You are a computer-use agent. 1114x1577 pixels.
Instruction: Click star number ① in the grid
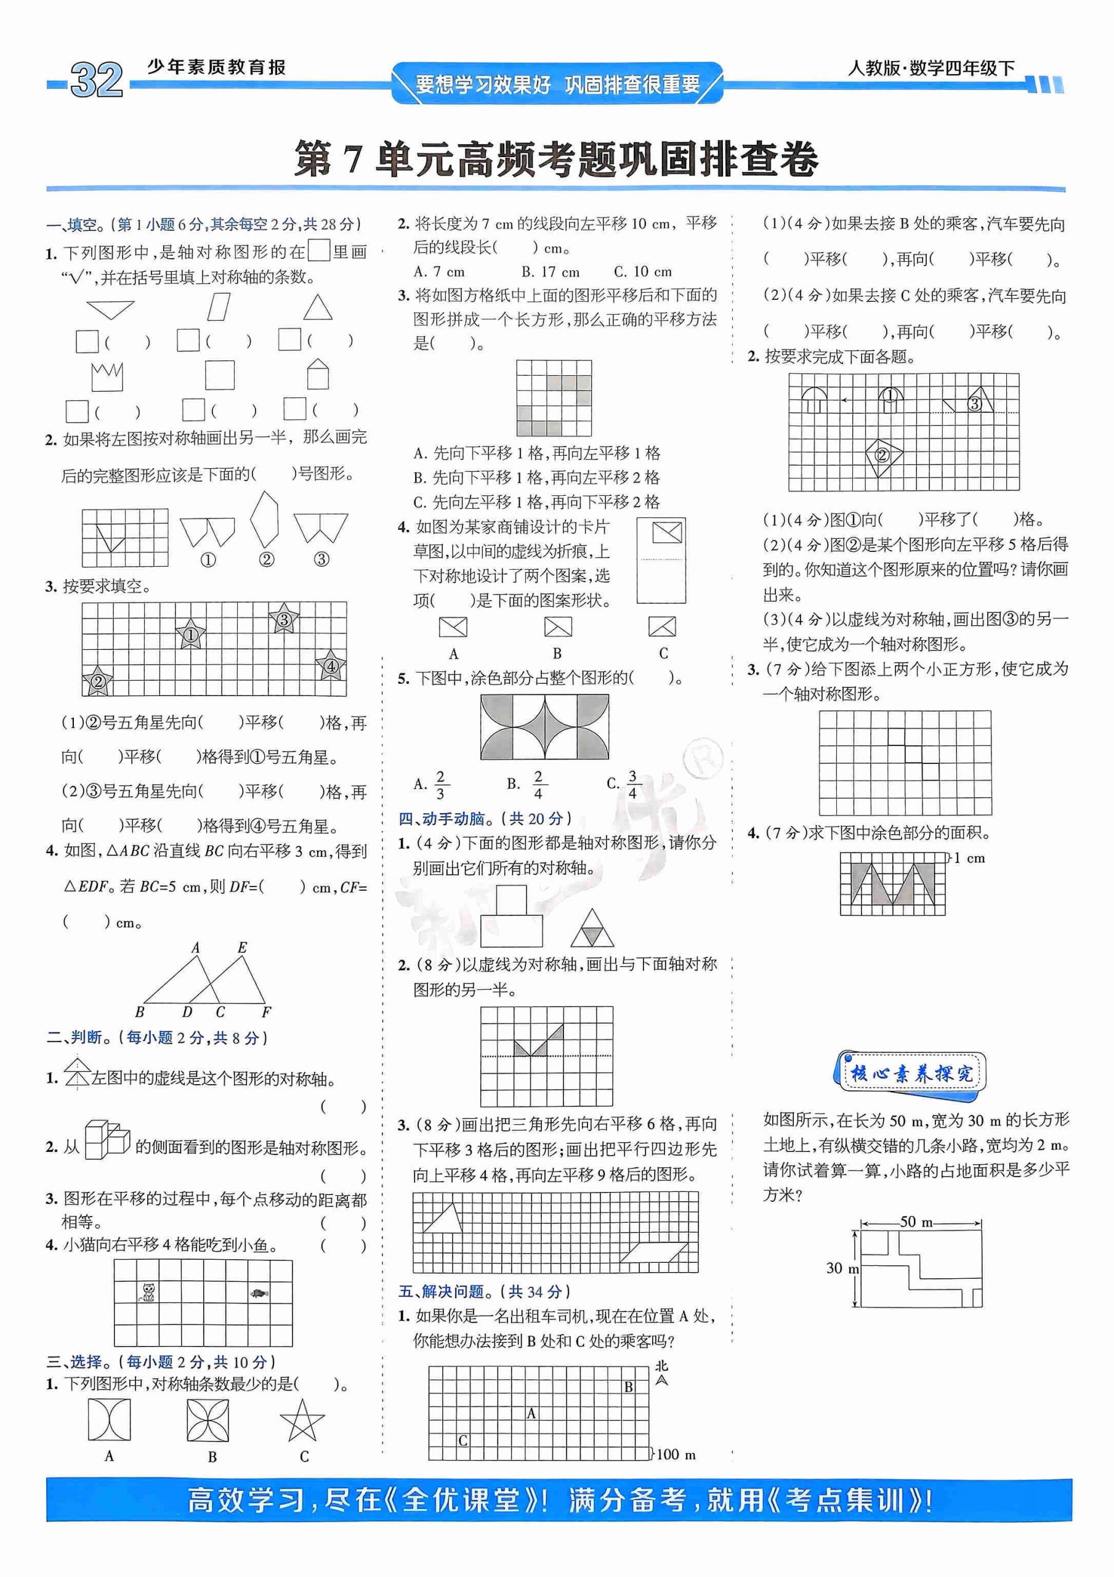click(x=190, y=634)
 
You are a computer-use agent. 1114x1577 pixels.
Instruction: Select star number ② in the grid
click(x=97, y=681)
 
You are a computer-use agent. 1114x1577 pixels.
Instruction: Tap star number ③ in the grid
click(x=283, y=620)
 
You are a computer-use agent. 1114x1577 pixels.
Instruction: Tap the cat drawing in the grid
click(x=148, y=1292)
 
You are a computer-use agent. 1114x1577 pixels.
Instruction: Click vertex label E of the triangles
click(x=242, y=948)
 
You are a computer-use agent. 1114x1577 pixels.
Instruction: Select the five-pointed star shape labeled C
click(x=302, y=1421)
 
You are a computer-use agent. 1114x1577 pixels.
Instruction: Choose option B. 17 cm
click(x=549, y=271)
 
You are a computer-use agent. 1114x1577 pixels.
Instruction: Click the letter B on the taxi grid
click(x=628, y=1386)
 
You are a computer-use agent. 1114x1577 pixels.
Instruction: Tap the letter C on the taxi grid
click(x=463, y=1440)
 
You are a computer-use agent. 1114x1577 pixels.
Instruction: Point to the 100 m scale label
click(x=676, y=1454)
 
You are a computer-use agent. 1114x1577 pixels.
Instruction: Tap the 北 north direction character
click(x=661, y=1366)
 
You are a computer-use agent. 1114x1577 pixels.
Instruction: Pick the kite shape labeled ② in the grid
click(x=882, y=455)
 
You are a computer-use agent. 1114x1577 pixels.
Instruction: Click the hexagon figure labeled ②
click(x=265, y=520)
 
